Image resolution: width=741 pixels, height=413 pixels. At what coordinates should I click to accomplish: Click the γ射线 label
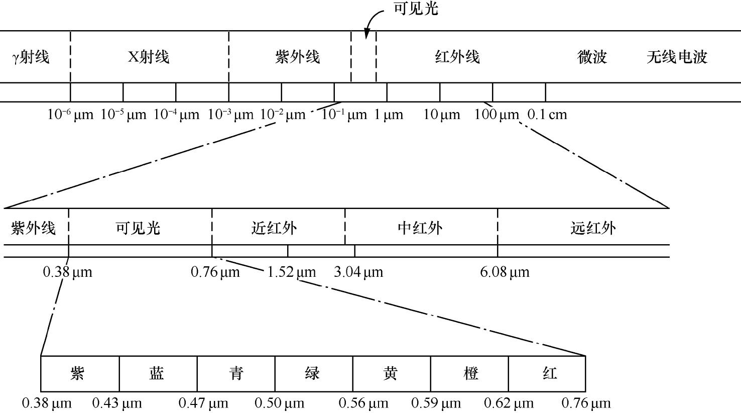click(31, 57)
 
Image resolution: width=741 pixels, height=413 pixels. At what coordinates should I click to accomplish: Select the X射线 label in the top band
click(149, 57)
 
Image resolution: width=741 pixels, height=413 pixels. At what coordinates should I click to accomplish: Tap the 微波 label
click(592, 57)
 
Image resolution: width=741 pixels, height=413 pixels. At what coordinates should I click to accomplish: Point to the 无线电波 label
click(677, 57)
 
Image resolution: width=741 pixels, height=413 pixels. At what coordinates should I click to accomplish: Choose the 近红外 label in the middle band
click(274, 228)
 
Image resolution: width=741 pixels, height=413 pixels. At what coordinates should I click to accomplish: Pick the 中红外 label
click(420, 228)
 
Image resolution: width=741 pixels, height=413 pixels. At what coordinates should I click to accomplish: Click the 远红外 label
click(593, 228)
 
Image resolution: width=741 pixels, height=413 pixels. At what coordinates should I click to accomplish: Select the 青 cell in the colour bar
click(236, 374)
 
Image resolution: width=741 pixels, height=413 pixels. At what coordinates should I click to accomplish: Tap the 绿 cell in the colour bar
click(314, 374)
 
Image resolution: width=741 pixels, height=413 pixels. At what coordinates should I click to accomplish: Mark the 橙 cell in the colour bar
click(469, 374)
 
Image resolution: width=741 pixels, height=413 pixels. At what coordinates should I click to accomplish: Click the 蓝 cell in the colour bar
click(158, 374)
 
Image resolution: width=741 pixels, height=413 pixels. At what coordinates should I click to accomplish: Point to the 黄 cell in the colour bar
click(392, 374)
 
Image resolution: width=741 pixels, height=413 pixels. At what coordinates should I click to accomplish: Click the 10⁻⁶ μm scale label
click(70, 115)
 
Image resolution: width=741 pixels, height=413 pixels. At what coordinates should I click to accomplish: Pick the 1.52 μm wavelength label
click(291, 272)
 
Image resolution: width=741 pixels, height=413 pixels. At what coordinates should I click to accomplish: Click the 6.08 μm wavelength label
click(505, 272)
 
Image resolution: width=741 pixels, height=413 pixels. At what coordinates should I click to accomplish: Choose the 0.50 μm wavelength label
click(280, 403)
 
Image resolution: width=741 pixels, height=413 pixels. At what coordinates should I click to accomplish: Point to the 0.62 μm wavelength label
click(509, 403)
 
